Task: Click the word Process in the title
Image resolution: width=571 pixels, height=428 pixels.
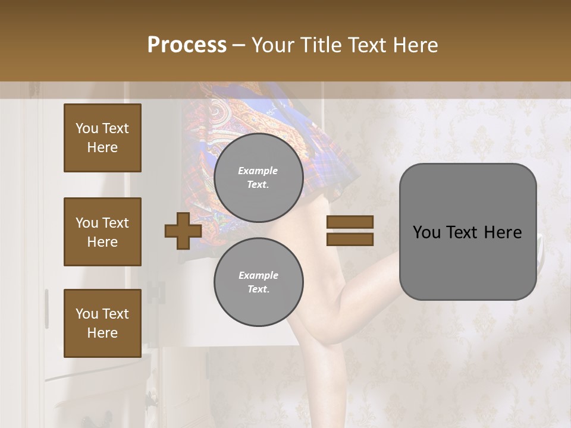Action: click(187, 45)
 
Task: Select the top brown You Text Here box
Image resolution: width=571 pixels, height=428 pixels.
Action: click(102, 138)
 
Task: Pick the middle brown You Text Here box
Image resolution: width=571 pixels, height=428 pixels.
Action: click(102, 232)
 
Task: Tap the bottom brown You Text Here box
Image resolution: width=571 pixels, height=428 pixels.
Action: click(102, 323)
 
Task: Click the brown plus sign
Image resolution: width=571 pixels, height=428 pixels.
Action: click(183, 231)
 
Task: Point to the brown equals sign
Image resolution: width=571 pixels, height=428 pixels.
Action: click(350, 231)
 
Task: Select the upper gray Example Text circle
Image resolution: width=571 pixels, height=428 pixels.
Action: click(259, 177)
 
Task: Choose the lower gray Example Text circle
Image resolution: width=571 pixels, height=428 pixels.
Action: click(259, 282)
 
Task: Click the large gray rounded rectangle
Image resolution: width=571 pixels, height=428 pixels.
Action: click(468, 232)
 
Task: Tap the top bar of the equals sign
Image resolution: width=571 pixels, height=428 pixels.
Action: click(350, 222)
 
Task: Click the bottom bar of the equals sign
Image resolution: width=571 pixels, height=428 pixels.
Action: click(350, 240)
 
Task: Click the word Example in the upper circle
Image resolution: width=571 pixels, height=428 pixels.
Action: click(258, 171)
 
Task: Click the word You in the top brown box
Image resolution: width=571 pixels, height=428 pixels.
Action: click(87, 128)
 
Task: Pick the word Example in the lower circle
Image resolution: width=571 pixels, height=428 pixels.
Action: click(258, 275)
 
